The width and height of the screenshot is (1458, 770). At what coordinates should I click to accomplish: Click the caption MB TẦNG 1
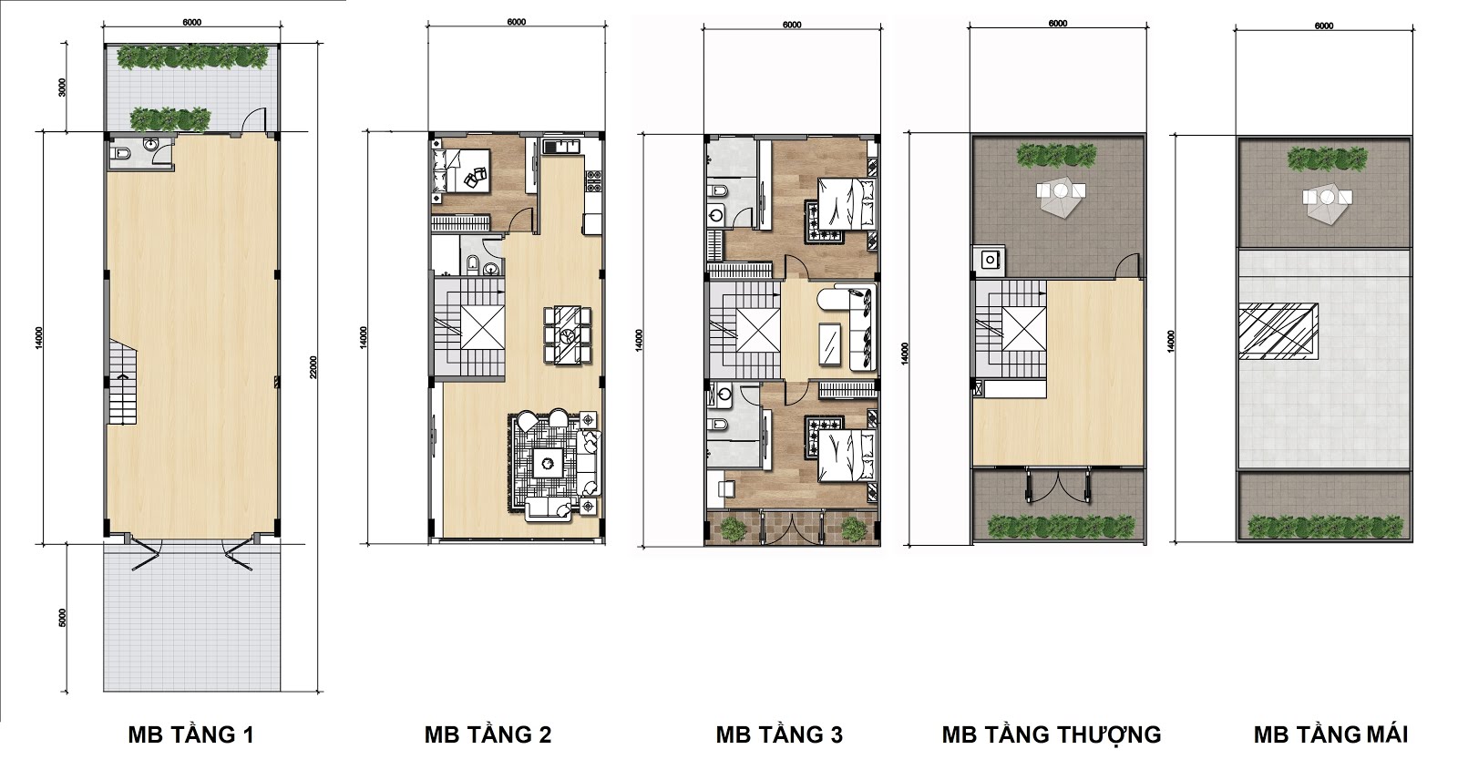click(190, 734)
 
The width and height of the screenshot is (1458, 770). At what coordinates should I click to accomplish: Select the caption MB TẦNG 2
click(488, 734)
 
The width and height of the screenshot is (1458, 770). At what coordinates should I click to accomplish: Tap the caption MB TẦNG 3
click(779, 734)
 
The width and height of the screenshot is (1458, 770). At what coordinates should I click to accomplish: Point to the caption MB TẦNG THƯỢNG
click(1052, 734)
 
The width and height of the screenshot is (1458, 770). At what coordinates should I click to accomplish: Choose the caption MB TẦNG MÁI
click(1330, 734)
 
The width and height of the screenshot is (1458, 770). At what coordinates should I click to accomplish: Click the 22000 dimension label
click(313, 367)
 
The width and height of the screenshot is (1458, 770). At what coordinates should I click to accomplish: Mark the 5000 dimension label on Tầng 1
click(63, 618)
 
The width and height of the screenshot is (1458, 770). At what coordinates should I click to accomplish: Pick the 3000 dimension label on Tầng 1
click(63, 87)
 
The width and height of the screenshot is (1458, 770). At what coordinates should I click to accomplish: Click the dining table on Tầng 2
click(569, 335)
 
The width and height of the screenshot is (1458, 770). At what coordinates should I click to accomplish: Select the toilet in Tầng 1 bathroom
click(122, 154)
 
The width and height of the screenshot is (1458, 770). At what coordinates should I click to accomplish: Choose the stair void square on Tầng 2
click(482, 327)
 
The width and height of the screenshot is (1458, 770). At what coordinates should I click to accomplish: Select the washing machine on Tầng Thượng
click(990, 260)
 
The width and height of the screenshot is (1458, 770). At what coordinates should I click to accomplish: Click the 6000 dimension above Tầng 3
click(792, 26)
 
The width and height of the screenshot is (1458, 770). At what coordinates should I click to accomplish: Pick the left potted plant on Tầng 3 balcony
click(733, 529)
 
